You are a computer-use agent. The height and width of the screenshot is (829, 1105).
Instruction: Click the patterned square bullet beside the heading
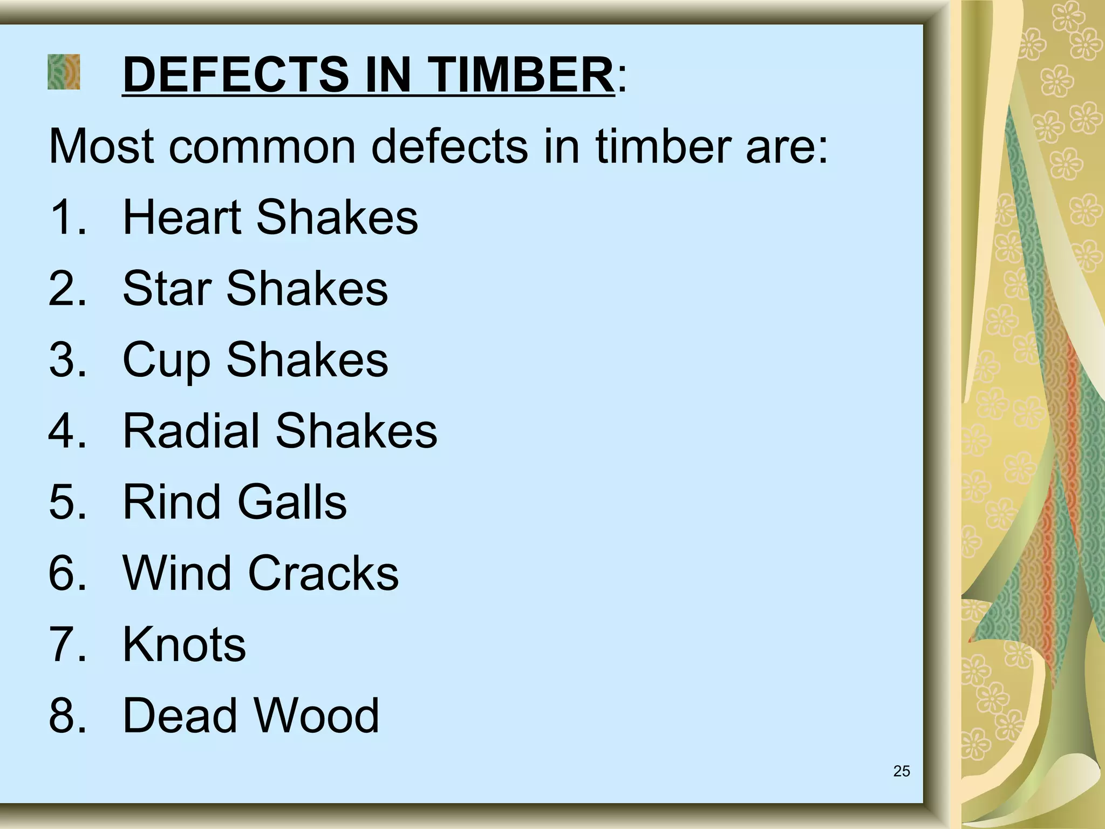pyautogui.click(x=64, y=72)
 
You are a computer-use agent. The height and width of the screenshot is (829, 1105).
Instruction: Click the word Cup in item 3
pyautogui.click(x=167, y=361)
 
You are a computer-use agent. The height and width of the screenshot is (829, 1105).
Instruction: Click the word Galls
pyautogui.click(x=292, y=502)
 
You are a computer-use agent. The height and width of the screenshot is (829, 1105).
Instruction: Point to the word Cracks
pyautogui.click(x=323, y=573)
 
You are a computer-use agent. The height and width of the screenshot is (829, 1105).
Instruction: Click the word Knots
pyautogui.click(x=184, y=644)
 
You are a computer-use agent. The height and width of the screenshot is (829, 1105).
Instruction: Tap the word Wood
pyautogui.click(x=317, y=716)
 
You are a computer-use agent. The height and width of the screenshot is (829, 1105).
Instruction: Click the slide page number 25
pyautogui.click(x=902, y=771)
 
